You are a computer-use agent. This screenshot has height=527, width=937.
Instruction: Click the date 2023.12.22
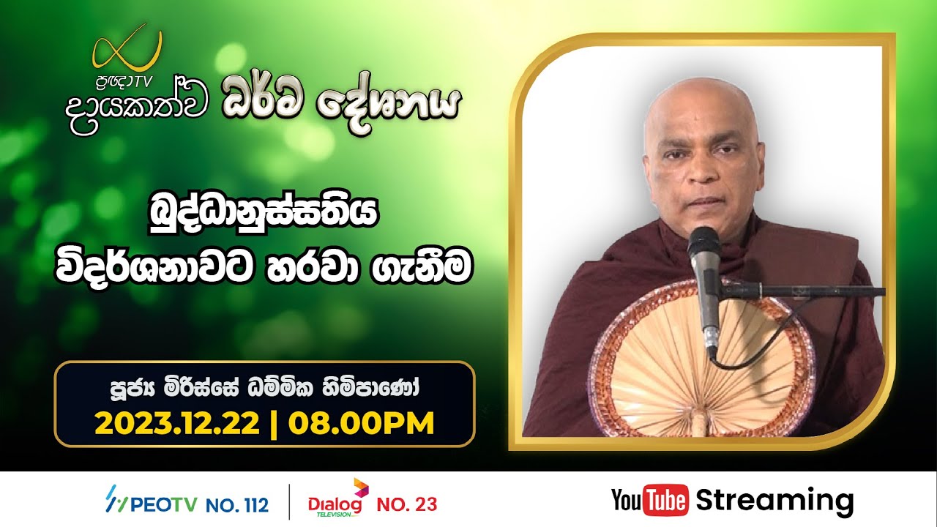(x=178, y=422)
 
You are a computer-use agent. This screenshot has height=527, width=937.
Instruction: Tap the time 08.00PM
(x=362, y=422)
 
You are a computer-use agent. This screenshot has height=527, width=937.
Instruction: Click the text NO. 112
(x=236, y=504)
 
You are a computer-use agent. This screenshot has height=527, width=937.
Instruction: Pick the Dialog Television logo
(x=337, y=501)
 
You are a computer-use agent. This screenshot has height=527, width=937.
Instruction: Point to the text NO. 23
(x=406, y=504)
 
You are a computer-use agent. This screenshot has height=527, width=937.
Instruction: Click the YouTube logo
(x=649, y=501)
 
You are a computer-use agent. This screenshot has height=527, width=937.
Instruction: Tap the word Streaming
(x=774, y=501)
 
